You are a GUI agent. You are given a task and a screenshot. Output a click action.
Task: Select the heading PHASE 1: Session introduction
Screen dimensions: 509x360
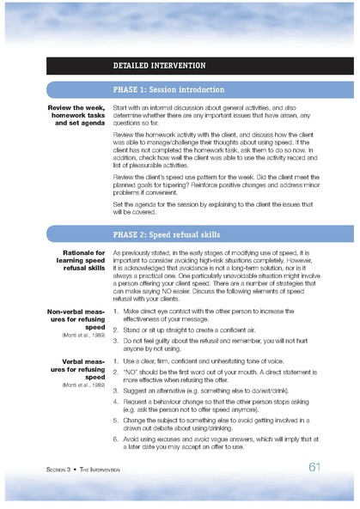168,89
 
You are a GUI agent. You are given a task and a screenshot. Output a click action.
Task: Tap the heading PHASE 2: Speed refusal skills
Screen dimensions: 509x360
167,233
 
